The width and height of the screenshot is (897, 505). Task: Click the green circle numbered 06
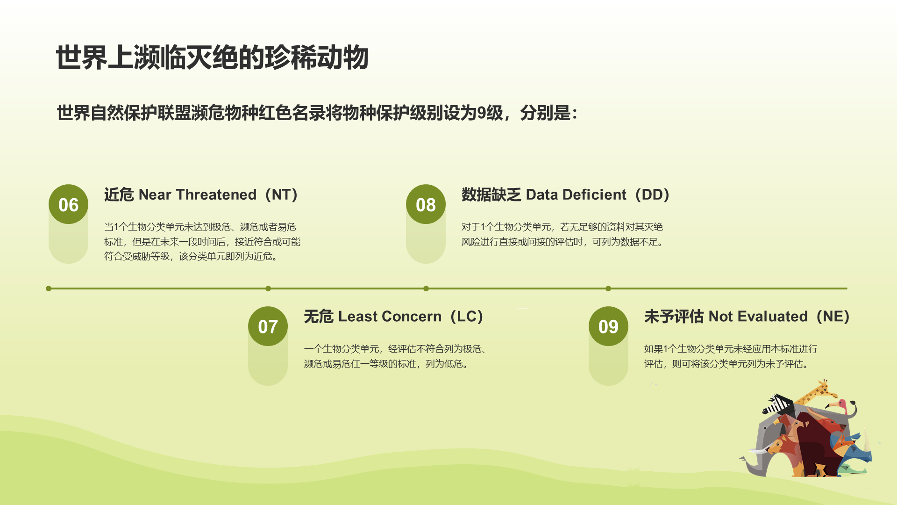point(68,204)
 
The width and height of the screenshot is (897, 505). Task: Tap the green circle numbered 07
point(268,326)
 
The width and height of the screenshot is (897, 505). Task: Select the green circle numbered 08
point(426,204)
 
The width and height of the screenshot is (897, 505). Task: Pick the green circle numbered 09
point(608,326)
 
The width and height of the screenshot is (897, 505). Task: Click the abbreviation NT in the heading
point(281,195)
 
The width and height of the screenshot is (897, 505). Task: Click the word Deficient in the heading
point(594,195)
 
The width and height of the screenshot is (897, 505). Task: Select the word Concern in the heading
point(413,317)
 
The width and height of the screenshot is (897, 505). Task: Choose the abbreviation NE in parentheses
point(833,317)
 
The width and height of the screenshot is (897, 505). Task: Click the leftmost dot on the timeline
point(49,289)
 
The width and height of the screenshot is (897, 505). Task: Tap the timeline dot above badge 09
point(608,289)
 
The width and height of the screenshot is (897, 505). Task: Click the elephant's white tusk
point(759,451)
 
